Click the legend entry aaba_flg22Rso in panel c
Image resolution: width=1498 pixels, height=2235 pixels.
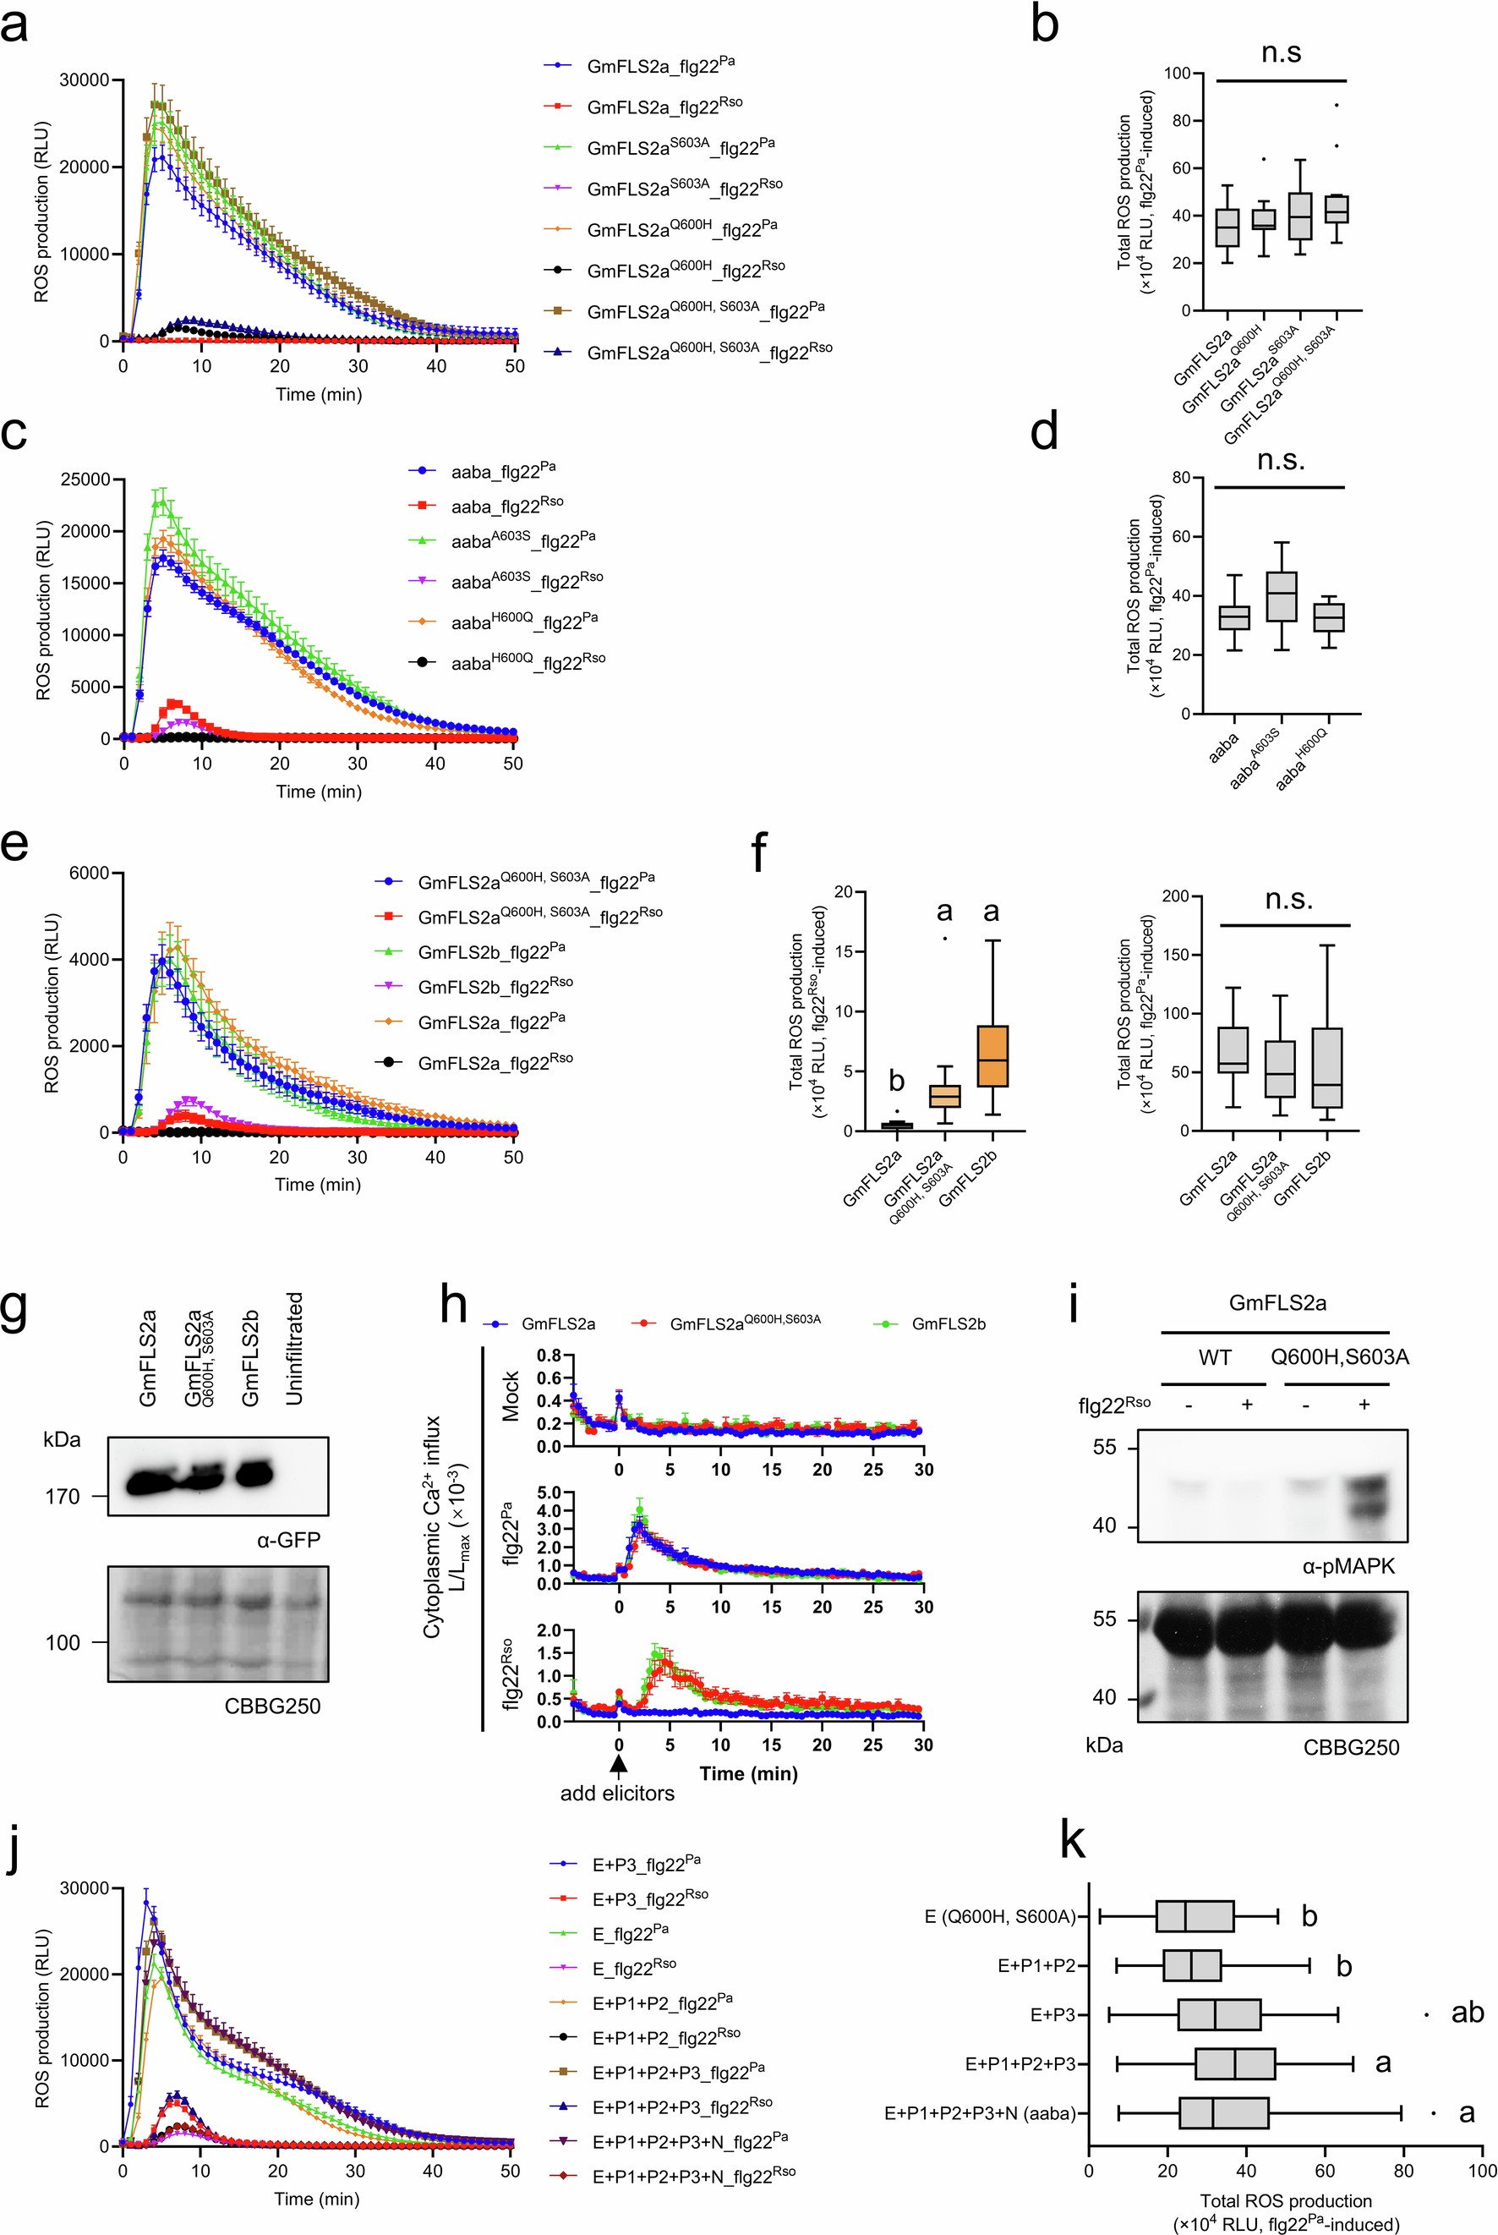(x=506, y=506)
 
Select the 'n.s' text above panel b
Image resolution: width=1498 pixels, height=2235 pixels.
(x=1280, y=52)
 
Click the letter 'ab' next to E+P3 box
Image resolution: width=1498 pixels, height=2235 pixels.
(x=1467, y=2013)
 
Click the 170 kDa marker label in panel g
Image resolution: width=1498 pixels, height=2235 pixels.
(x=63, y=1497)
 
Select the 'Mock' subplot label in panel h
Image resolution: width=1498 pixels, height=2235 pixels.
(x=510, y=1397)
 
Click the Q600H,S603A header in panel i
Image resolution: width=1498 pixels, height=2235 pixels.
(x=1339, y=1357)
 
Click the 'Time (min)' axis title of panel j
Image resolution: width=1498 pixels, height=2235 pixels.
(x=316, y=2199)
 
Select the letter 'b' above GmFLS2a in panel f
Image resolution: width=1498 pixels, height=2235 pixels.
(x=896, y=1081)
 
